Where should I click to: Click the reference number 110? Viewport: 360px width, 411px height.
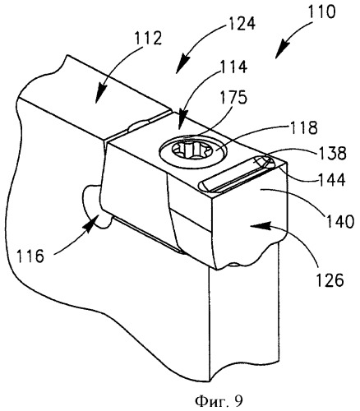pyautogui.click(x=321, y=12)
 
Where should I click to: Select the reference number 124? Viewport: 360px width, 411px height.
pyautogui.click(x=242, y=23)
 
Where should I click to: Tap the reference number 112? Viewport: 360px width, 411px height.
pyautogui.click(x=148, y=39)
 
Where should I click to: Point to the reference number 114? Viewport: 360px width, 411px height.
pyautogui.click(x=233, y=67)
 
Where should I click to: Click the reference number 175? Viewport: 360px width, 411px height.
pyautogui.click(x=233, y=97)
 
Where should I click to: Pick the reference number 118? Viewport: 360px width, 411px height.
pyautogui.click(x=303, y=127)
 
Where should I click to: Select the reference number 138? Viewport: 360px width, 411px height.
pyautogui.click(x=332, y=154)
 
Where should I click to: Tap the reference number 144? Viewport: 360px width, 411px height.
pyautogui.click(x=331, y=180)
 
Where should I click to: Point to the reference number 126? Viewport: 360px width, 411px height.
pyautogui.click(x=330, y=279)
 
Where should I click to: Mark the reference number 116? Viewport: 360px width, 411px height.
pyautogui.click(x=30, y=256)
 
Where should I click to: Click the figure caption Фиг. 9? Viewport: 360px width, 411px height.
pyautogui.click(x=219, y=402)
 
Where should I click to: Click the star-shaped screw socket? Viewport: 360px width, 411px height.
pyautogui.click(x=194, y=151)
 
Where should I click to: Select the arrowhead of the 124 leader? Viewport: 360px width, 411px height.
pyautogui.click(x=182, y=65)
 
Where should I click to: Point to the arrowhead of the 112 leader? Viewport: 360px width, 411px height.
pyautogui.click(x=100, y=94)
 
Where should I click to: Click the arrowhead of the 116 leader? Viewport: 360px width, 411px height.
pyautogui.click(x=93, y=223)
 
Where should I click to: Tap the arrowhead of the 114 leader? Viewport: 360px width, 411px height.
pyautogui.click(x=181, y=121)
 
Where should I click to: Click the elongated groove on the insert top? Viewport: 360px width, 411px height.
pyautogui.click(x=237, y=173)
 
